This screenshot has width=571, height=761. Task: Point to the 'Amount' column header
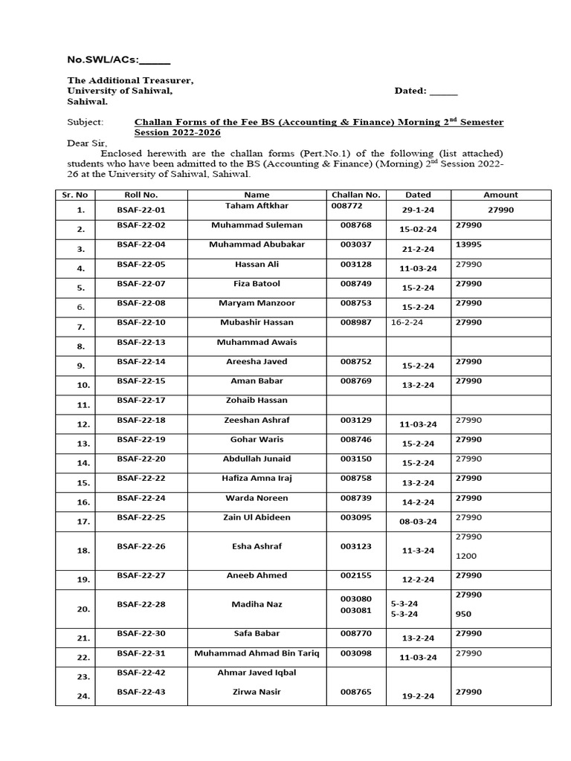tap(500, 195)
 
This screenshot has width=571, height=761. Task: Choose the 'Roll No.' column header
tap(141, 195)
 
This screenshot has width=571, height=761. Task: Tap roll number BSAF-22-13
tap(141, 342)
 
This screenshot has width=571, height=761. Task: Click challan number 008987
tap(356, 323)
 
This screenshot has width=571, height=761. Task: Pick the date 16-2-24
tap(407, 323)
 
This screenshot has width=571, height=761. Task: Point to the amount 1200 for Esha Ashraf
tap(466, 556)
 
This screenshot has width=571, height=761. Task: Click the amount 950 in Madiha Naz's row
tap(463, 614)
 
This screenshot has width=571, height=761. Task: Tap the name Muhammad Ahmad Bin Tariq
tap(257, 653)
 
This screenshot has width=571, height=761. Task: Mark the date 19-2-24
tap(418, 696)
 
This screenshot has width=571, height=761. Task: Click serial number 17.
tap(83, 522)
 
